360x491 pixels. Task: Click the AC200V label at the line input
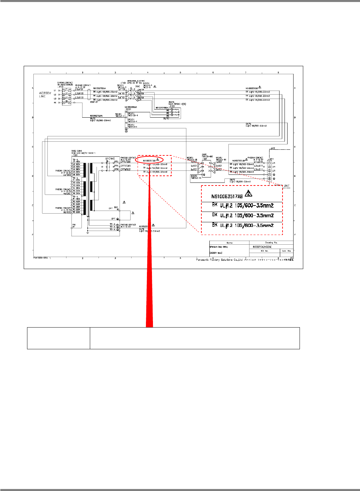[45, 93]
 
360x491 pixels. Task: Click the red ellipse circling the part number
[149, 160]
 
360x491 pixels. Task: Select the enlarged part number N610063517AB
[227, 196]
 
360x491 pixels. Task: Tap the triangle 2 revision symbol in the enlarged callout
[248, 194]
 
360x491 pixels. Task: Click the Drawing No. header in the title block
[271, 243]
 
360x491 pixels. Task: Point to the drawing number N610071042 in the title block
[262, 247]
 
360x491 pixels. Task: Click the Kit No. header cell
[264, 251]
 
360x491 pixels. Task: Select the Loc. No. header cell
[287, 251]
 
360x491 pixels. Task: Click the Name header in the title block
[229, 243]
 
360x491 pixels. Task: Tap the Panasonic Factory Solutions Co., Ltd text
[219, 260]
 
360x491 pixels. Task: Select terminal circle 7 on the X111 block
[269, 174]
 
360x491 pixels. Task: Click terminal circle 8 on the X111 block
[269, 179]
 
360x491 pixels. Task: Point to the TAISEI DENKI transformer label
[76, 151]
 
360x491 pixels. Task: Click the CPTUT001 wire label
[126, 162]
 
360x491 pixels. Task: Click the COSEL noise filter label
[204, 155]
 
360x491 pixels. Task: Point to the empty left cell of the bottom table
[58, 338]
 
